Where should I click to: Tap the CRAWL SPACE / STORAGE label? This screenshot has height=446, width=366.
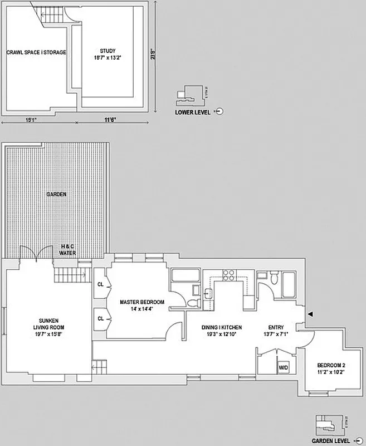coord(36,52)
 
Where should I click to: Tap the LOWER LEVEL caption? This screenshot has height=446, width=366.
coord(192,111)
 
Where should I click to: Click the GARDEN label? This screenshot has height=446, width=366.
coord(56,195)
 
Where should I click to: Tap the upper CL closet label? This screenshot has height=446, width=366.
coord(101,284)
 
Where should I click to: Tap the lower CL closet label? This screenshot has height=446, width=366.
coord(101,318)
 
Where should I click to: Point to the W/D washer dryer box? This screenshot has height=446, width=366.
coord(284,367)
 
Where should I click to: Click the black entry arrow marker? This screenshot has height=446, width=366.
coord(311,315)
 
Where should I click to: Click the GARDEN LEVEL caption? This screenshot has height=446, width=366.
coord(331,439)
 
